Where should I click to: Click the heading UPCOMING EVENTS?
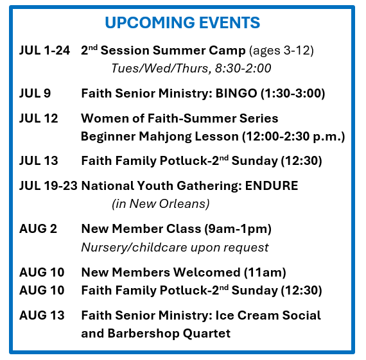click(182, 22)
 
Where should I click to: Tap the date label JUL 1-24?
click(44, 51)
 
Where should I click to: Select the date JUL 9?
click(35, 93)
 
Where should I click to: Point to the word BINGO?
click(236, 93)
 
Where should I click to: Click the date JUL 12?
click(39, 118)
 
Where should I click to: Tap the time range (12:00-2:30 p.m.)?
click(293, 137)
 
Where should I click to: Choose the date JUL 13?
click(39, 161)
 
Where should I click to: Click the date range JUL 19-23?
click(48, 185)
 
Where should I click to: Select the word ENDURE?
click(272, 185)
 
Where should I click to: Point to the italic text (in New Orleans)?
click(161, 204)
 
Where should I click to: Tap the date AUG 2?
click(38, 228)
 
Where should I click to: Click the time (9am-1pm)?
click(238, 229)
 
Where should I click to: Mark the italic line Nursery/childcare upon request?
click(175, 247)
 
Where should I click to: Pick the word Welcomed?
click(207, 272)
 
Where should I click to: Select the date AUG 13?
click(42, 316)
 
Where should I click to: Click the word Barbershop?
click(143, 334)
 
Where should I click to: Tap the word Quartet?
click(207, 334)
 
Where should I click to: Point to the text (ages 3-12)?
click(281, 51)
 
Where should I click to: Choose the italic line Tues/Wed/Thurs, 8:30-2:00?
click(191, 69)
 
